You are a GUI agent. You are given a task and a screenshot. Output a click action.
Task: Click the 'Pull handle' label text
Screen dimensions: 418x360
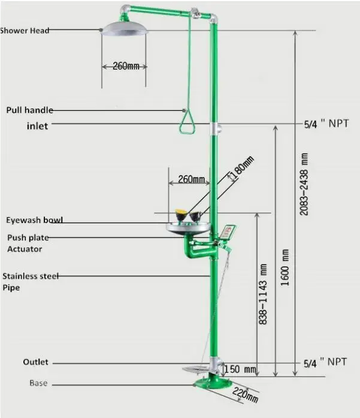(x=30, y=110)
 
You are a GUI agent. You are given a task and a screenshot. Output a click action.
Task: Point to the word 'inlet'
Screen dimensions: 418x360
(x=37, y=126)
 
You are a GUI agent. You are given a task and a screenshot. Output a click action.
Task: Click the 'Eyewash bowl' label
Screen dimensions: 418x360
(x=34, y=219)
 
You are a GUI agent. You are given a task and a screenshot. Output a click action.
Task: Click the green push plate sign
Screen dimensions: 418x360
(x=228, y=231)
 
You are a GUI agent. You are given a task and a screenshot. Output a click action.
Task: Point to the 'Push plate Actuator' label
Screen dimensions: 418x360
(x=28, y=243)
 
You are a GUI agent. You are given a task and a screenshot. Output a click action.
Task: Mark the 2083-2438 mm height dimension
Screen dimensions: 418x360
(x=305, y=183)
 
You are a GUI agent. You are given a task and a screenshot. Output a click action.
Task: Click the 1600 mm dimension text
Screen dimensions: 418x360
(x=285, y=267)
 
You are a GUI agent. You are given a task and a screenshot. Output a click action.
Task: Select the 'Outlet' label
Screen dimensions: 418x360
(x=35, y=362)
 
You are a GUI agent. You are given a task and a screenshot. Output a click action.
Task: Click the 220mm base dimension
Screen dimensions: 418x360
(x=245, y=393)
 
